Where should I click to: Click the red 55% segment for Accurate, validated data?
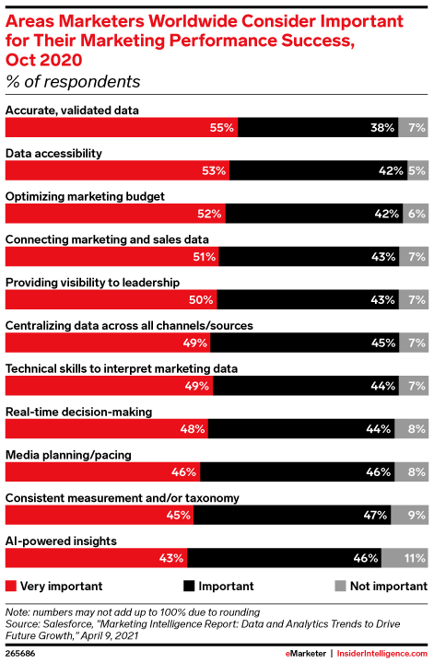coord(123,129)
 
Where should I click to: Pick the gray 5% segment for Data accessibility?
coord(416,171)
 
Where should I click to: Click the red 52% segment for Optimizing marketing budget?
coord(115,215)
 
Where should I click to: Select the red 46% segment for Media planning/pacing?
coord(103,471)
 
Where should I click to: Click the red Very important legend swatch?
coord(11,586)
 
